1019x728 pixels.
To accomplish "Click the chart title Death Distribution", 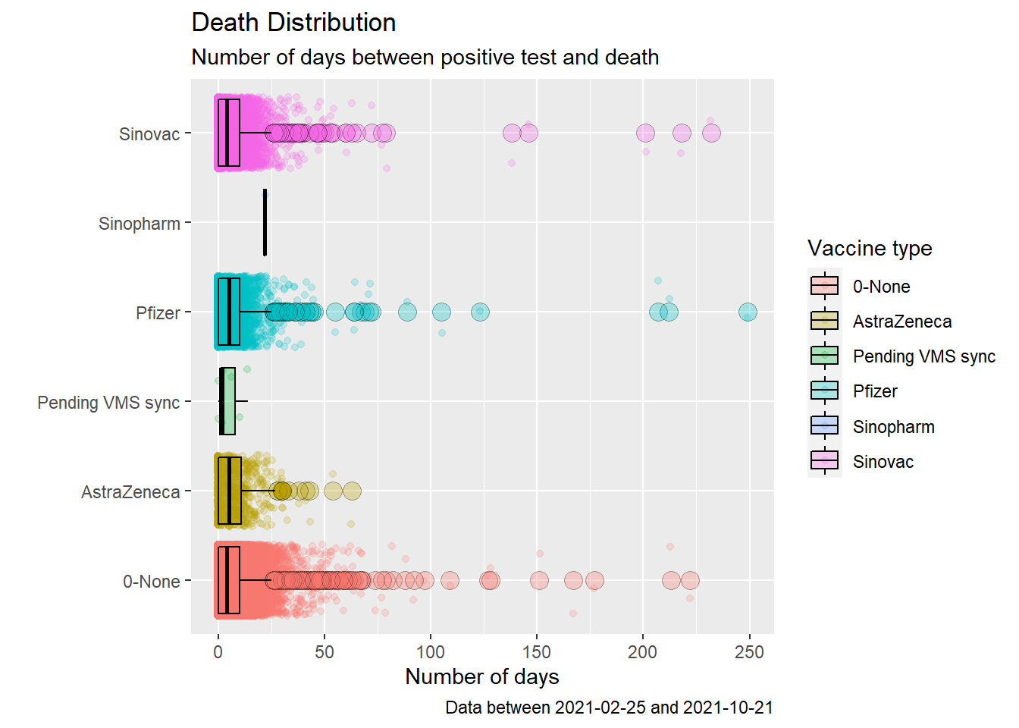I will coord(293,23).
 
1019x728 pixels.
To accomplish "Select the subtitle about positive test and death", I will coord(425,58).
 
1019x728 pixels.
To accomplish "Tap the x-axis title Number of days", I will coord(482,676).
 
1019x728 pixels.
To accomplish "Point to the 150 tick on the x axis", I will coord(537,652).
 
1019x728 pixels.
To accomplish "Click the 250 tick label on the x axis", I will coord(749,652).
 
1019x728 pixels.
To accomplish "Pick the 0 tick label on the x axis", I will coord(218,652).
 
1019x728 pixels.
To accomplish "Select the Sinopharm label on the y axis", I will coord(140,224).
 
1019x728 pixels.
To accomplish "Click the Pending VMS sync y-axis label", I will coord(108,403).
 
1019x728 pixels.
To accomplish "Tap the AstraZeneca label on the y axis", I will coord(130,492).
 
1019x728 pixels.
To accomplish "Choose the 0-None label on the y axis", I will coord(152,582).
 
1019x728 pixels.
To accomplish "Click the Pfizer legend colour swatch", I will coord(824,391).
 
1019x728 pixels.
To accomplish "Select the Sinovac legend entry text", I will coord(883,462).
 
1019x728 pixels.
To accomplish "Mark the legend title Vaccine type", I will coord(870,249).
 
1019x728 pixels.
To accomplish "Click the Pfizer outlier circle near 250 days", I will coord(748,312).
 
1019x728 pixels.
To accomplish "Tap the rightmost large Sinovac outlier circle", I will coord(711,133).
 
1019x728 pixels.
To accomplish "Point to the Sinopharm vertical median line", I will coord(265,223).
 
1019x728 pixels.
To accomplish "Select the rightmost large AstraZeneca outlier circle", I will coord(352,491).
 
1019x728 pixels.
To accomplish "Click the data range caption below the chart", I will coord(609,708).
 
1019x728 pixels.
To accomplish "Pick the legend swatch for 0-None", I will coord(824,286).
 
